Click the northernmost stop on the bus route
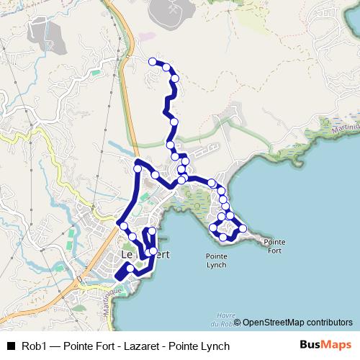(x=152, y=62)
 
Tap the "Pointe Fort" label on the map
(x=274, y=246)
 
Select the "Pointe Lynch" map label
(x=216, y=260)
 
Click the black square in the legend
(x=11, y=346)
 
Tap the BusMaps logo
(x=325, y=346)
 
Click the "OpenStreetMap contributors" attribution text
(x=298, y=323)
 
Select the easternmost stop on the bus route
(x=243, y=228)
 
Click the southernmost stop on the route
(x=130, y=269)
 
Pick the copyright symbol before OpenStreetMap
(x=238, y=323)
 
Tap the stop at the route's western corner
(x=124, y=226)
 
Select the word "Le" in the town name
(x=126, y=255)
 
